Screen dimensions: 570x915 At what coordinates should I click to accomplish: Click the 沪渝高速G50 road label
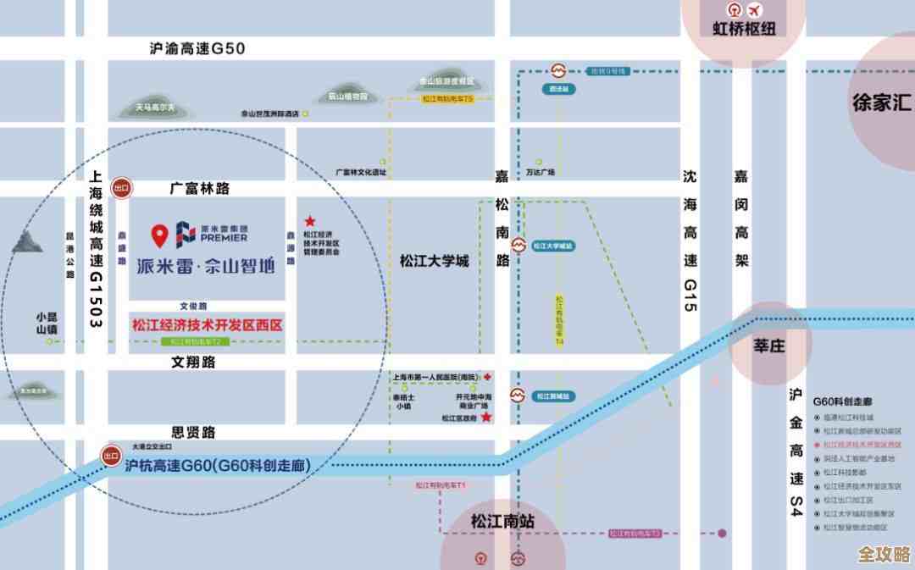197,49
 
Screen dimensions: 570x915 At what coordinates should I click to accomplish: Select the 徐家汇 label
881,103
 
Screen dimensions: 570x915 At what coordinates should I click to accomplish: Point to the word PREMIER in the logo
225,238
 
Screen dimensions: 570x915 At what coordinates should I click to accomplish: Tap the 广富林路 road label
200,188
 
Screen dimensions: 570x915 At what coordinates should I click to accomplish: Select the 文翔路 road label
194,362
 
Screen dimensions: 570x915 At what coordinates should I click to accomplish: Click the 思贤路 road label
193,432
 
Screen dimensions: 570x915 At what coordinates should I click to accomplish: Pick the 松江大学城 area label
434,261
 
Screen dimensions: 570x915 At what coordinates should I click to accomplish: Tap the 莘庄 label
769,346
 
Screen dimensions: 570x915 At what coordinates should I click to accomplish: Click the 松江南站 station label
503,522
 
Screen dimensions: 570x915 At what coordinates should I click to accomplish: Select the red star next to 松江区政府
486,418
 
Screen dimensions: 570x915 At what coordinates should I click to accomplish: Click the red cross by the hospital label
487,375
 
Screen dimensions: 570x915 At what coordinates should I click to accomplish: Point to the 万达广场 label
540,172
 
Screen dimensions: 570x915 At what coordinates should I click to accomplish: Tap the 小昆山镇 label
47,323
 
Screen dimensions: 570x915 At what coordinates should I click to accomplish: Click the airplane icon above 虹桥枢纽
755,10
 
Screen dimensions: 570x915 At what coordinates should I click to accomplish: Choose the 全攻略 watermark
884,555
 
